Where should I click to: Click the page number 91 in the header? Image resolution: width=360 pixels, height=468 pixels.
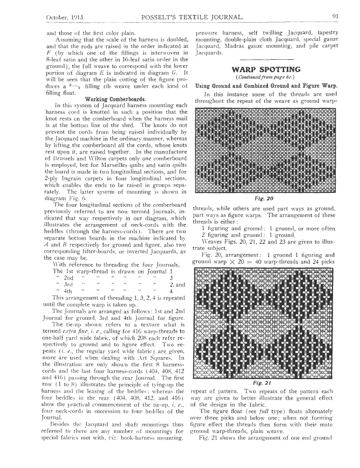tap(334, 17)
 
